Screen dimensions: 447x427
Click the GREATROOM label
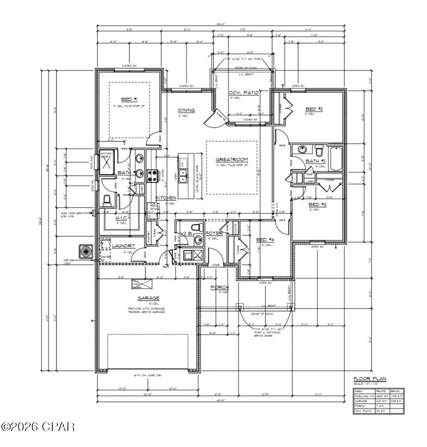point(232,160)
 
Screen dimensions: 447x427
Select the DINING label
point(186,110)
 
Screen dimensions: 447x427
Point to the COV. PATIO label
point(244,93)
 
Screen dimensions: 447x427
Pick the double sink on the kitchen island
point(183,171)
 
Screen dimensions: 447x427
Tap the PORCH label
point(220,287)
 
